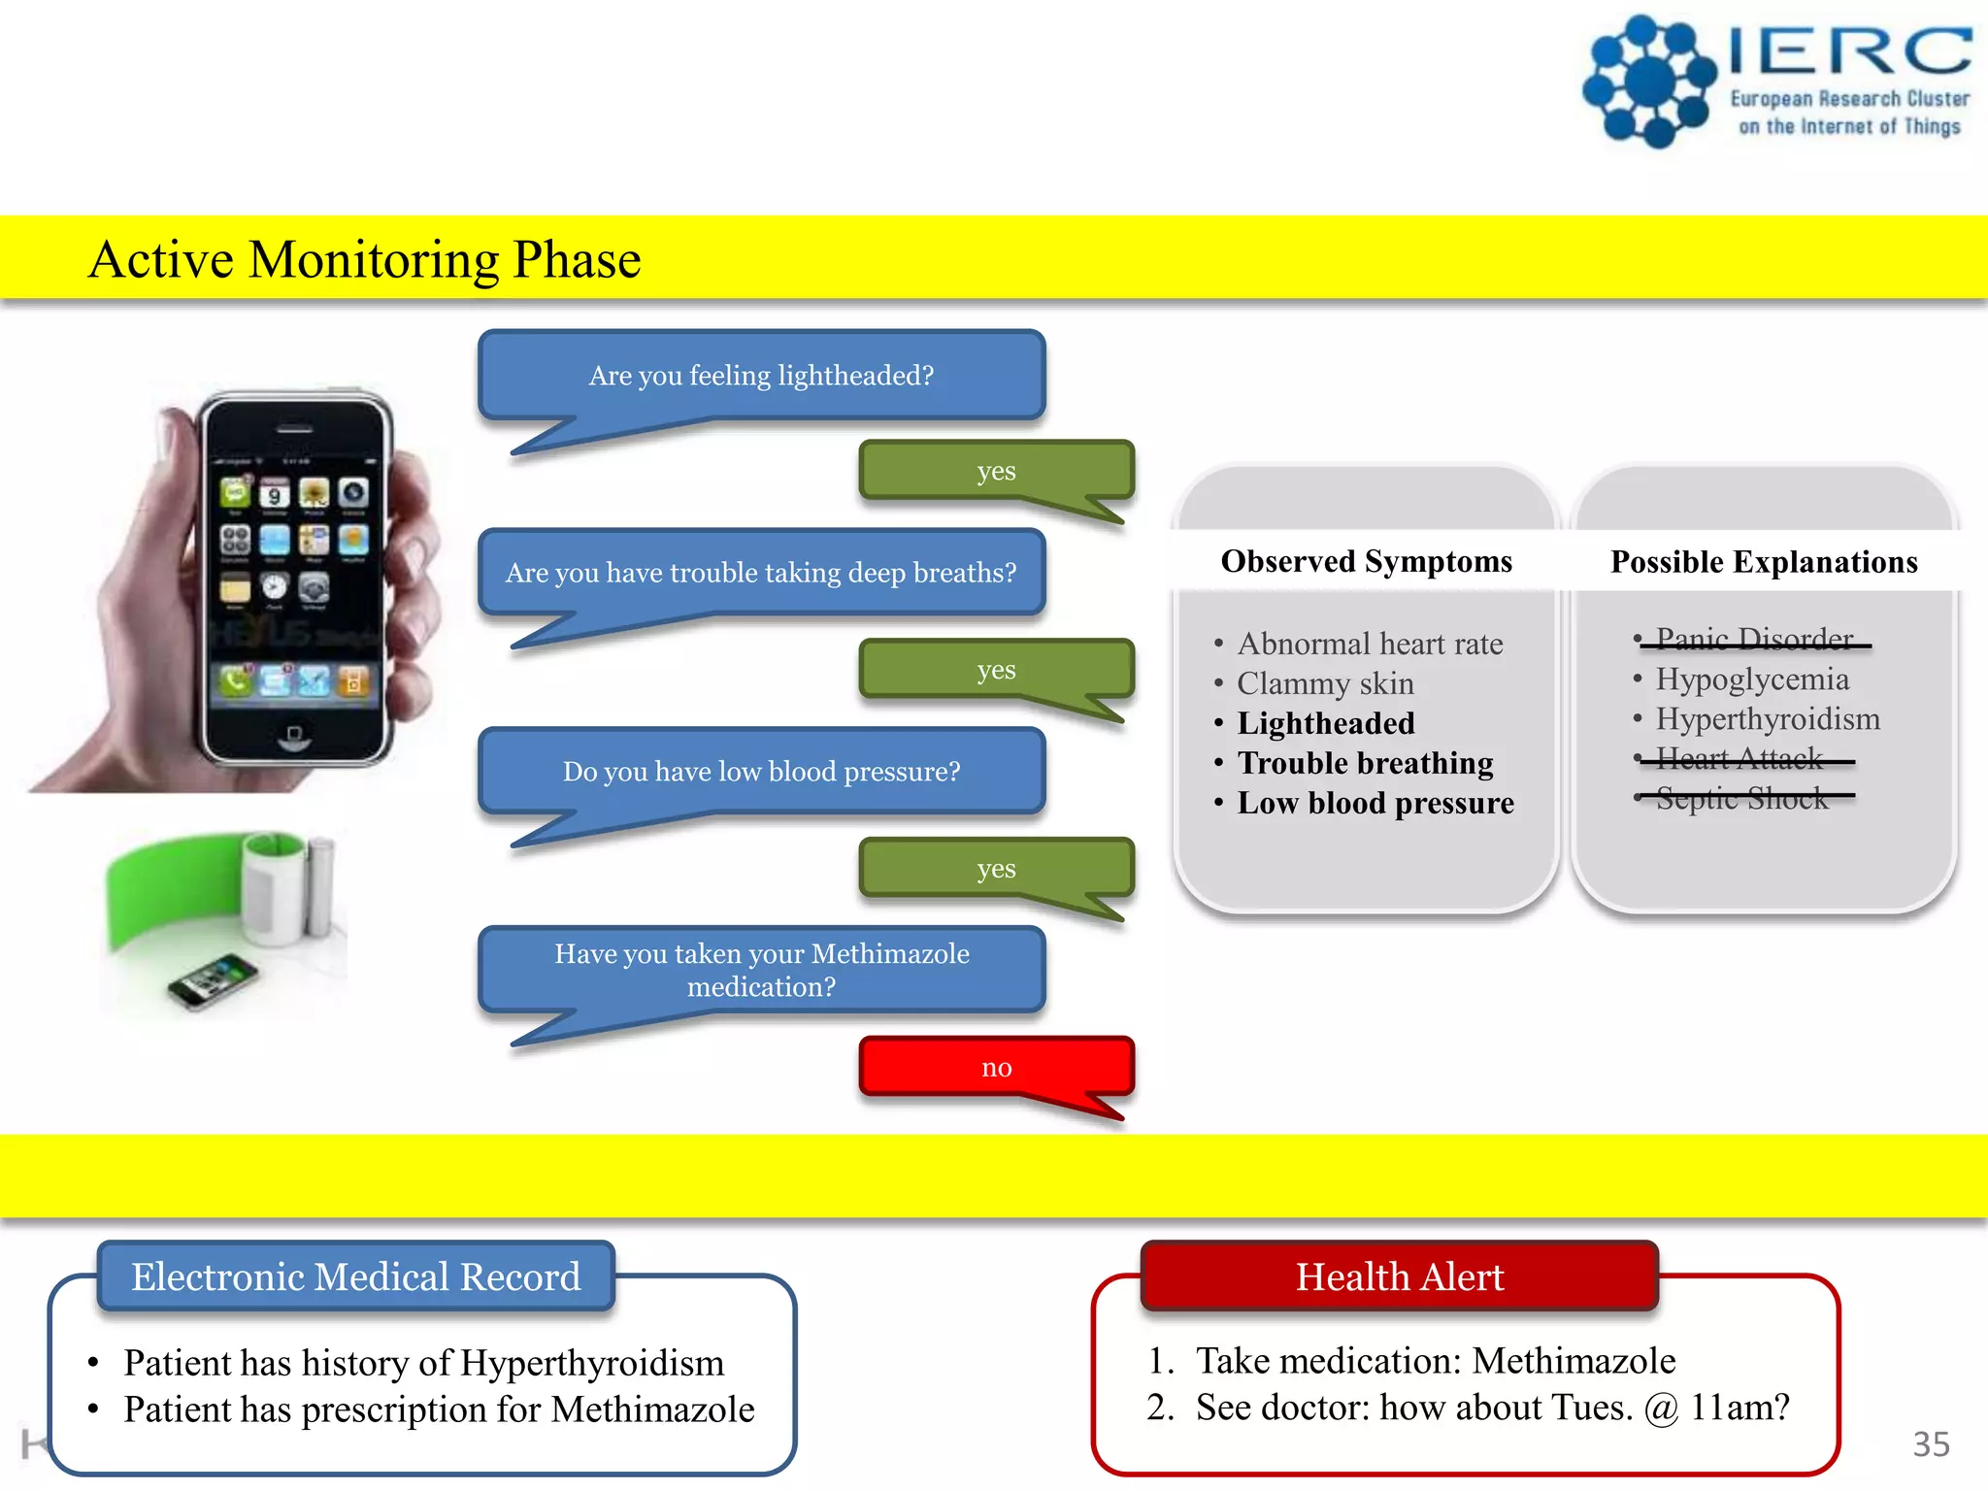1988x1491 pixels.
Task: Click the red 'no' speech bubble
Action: click(x=996, y=1067)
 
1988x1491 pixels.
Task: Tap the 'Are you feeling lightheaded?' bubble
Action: click(x=761, y=376)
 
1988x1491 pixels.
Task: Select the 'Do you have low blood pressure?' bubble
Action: click(x=761, y=772)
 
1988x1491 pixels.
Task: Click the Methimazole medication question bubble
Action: click(x=761, y=970)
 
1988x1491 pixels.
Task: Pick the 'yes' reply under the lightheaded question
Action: click(x=996, y=471)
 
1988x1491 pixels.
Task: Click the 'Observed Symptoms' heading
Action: click(x=1366, y=561)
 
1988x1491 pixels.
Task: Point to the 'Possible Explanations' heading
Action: click(x=1764, y=562)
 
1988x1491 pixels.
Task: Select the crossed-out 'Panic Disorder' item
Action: click(x=1754, y=639)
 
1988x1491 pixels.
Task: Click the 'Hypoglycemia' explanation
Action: click(x=1751, y=679)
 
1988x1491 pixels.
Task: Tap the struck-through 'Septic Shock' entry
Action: click(x=1741, y=798)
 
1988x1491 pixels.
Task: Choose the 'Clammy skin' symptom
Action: click(x=1325, y=683)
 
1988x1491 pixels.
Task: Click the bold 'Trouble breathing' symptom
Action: click(x=1365, y=763)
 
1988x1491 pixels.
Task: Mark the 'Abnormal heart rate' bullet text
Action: click(x=1370, y=644)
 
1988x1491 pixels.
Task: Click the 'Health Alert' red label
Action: click(x=1399, y=1276)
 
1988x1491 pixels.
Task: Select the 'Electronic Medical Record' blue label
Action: click(x=355, y=1276)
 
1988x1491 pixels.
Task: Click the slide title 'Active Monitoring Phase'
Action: click(x=365, y=259)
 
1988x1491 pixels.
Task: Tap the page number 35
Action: click(x=1931, y=1443)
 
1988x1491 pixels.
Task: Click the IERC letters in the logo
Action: click(x=1850, y=50)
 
